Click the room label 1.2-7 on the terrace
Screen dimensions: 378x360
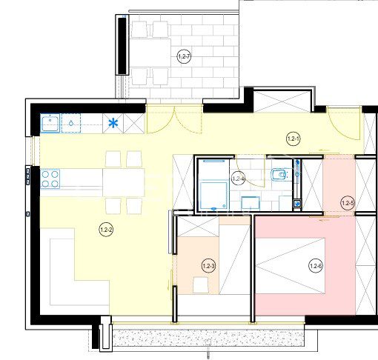[x=184, y=56]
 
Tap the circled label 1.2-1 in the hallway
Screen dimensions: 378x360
[x=294, y=139]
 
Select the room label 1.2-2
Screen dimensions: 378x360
[x=106, y=230]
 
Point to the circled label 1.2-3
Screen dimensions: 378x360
[x=208, y=266]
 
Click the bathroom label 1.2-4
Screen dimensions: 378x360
[x=239, y=179]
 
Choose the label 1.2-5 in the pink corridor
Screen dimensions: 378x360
[x=348, y=204]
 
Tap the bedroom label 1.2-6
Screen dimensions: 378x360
[x=316, y=266]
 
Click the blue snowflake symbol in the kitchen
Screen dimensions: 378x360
[x=113, y=123]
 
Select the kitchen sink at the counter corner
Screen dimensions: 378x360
[x=50, y=123]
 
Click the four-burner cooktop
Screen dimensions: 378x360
[x=50, y=179]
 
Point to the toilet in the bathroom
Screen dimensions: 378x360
[x=279, y=175]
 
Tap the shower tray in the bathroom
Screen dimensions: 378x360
[x=213, y=196]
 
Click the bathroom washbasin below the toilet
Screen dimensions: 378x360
[x=251, y=204]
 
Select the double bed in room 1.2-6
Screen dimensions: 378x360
[x=290, y=266]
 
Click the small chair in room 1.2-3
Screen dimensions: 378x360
[x=200, y=285]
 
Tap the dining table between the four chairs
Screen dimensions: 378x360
[x=124, y=182]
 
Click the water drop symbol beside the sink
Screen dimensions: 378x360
[x=71, y=123]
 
